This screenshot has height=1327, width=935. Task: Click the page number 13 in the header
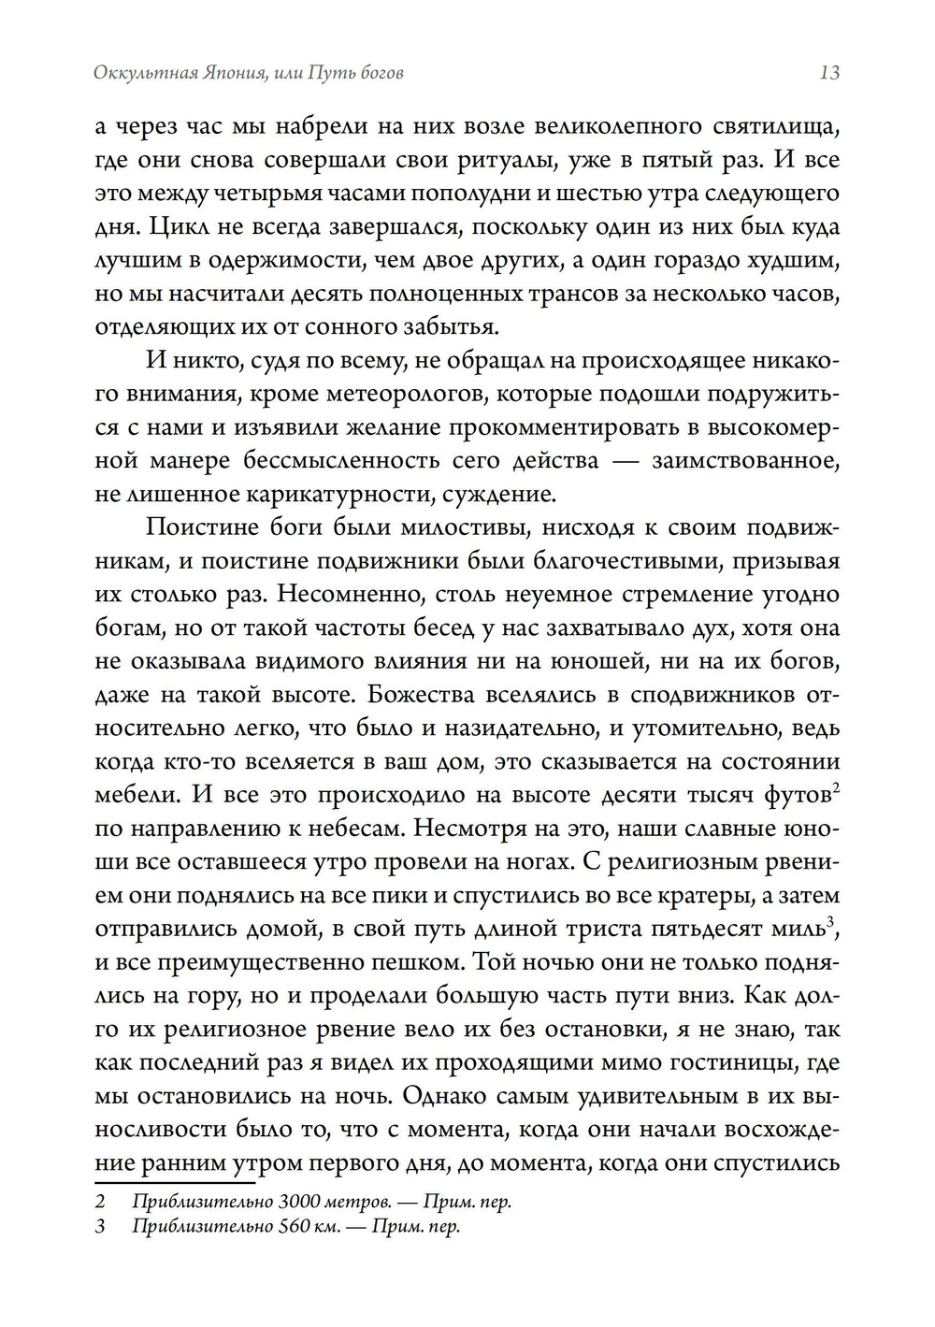(x=828, y=73)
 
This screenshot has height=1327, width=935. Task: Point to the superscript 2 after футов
(x=835, y=788)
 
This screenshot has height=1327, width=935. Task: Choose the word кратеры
(x=710, y=895)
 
